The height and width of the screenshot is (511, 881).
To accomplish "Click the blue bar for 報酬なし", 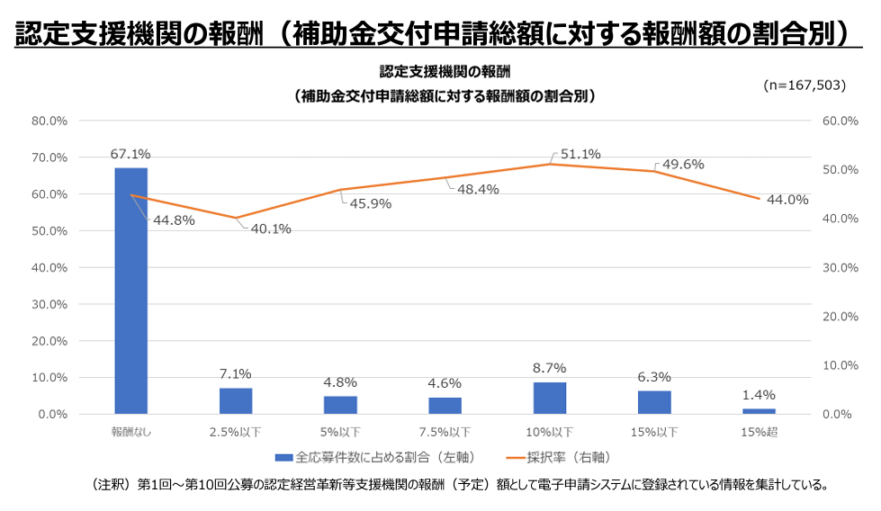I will [x=131, y=291].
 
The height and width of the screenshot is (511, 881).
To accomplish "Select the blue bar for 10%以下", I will [x=550, y=398].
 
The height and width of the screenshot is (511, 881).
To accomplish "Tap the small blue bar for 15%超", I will [x=759, y=411].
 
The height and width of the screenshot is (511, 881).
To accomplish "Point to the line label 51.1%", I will [x=580, y=155].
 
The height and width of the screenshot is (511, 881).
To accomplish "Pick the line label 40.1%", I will [x=271, y=229].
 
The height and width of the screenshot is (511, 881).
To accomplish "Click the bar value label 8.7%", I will [x=550, y=369].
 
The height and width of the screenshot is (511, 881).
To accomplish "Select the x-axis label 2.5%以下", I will [x=236, y=433].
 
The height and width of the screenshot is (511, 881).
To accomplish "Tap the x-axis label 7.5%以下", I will [x=445, y=433].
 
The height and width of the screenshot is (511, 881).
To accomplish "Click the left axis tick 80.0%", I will [x=49, y=121].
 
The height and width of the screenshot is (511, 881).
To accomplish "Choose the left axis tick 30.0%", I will [x=49, y=304].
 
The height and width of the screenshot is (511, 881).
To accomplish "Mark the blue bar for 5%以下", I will [x=340, y=405].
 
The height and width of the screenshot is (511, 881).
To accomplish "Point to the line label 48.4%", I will [x=478, y=189].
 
